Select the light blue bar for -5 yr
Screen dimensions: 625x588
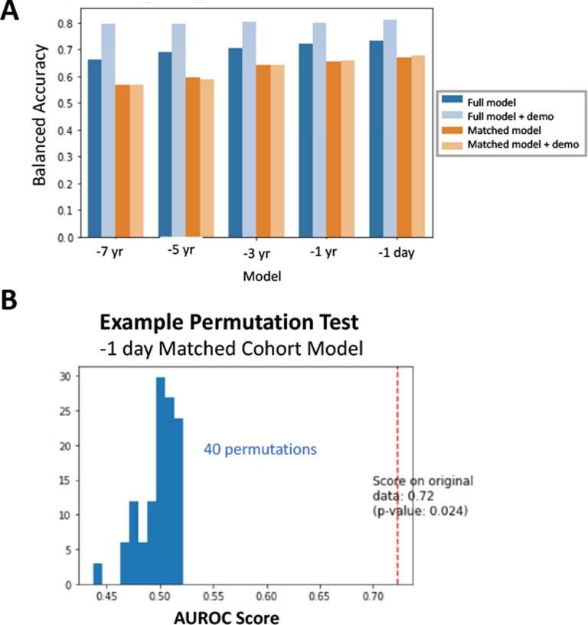pyautogui.click(x=178, y=130)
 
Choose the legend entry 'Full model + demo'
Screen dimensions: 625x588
pyautogui.click(x=507, y=115)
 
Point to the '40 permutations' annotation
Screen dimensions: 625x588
pyautogui.click(x=260, y=450)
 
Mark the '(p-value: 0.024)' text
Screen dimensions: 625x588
pyautogui.click(x=420, y=510)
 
